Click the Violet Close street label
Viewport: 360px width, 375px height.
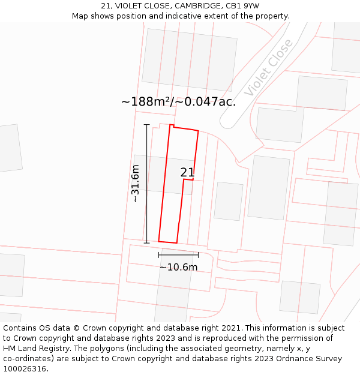269,67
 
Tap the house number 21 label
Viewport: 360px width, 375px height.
187,173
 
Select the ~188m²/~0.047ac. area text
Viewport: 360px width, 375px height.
178,101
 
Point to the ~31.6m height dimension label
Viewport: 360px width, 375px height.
136,184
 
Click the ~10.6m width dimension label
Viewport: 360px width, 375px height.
178,267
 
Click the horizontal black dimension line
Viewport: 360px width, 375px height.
178,255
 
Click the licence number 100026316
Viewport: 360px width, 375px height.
25,369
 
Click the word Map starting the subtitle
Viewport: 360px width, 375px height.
80,16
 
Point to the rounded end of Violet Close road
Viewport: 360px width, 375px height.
229,122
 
